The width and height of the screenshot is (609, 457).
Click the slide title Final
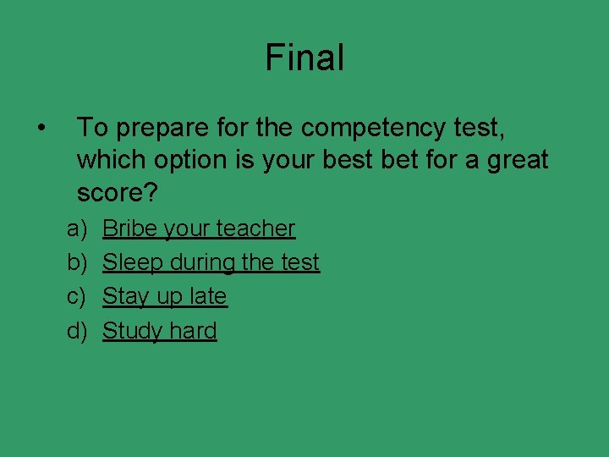pos(304,58)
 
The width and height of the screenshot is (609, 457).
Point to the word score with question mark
pos(117,192)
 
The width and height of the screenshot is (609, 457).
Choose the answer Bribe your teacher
pos(199,228)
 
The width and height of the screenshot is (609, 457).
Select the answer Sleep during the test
pos(211,262)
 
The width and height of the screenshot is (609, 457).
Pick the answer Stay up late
pos(164,296)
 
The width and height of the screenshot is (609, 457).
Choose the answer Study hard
pos(159,330)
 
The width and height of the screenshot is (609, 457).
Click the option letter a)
pos(77,228)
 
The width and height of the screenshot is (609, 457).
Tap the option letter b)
pos(77,262)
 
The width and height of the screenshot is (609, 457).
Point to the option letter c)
pos(77,296)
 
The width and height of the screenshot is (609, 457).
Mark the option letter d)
pos(77,330)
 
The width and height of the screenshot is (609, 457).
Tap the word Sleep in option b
pos(133,262)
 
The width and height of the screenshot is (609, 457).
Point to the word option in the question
pos(185,160)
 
